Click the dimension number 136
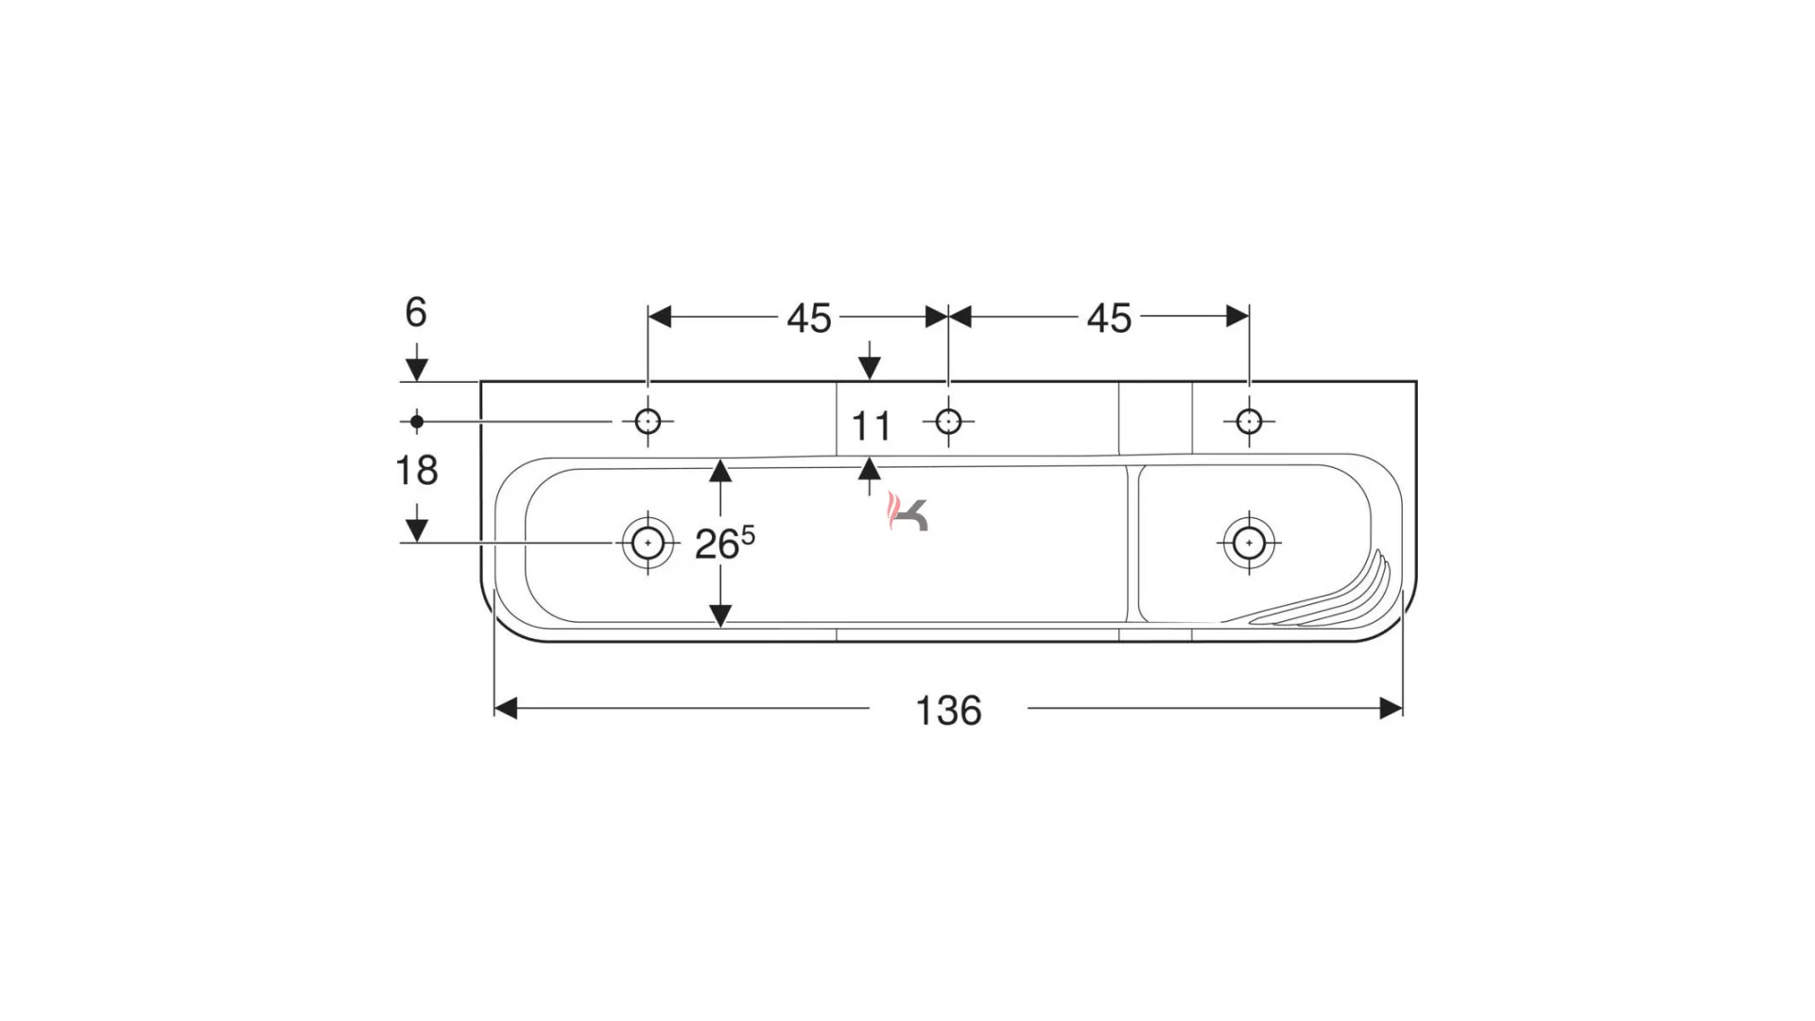[948, 710]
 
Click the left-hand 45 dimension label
[809, 319]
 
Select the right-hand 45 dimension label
[1109, 319]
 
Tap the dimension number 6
[416, 312]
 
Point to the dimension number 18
[416, 470]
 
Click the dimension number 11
[871, 427]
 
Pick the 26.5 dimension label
[725, 544]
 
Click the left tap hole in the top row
[648, 421]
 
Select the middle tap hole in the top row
[948, 421]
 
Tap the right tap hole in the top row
[1249, 421]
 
